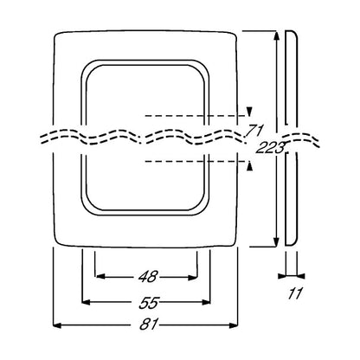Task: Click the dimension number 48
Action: tap(147, 277)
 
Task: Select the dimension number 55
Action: tap(149, 302)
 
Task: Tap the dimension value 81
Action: tap(149, 325)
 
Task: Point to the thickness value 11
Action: tap(295, 293)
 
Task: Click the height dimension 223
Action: tap(270, 148)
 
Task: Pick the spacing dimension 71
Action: tap(254, 131)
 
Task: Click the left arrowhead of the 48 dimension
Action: tap(100, 277)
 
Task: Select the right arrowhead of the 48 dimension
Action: tap(192, 278)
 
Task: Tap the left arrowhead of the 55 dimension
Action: tap(87, 302)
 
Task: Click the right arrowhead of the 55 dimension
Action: tap(206, 302)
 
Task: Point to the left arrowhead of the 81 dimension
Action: tap(57, 325)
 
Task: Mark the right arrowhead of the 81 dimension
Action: tap(234, 325)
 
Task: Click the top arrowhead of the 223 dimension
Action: tap(276, 35)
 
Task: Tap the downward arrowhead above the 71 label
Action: tap(249, 112)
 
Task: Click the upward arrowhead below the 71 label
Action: tap(249, 166)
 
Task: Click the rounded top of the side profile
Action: tap(292, 31)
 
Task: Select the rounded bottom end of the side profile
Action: tap(292, 245)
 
